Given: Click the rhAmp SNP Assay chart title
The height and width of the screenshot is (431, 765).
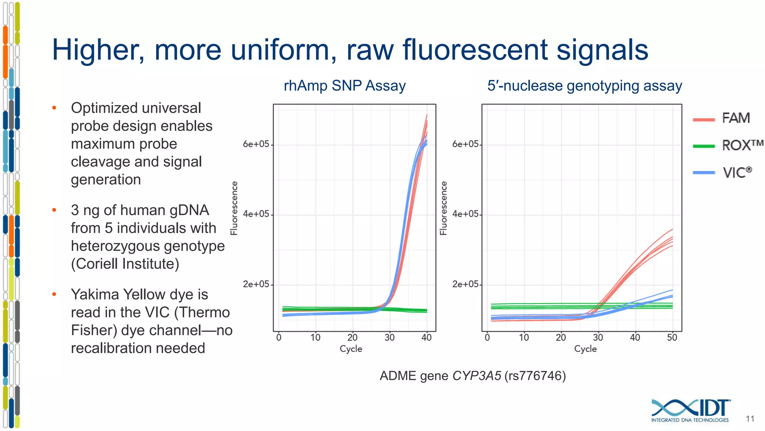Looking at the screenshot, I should pyautogui.click(x=344, y=86).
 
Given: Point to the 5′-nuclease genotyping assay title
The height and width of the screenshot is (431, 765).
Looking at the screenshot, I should pyautogui.click(x=584, y=86).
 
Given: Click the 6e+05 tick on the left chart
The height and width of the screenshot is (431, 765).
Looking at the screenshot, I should pyautogui.click(x=256, y=144).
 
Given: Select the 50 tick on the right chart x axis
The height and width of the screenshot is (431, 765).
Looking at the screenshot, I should pyautogui.click(x=672, y=338).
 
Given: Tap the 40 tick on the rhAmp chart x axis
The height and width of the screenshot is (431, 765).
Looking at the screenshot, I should pyautogui.click(x=426, y=338).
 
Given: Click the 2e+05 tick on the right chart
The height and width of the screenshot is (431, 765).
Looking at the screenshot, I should pyautogui.click(x=465, y=284).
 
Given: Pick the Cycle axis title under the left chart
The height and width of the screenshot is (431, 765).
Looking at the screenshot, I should pyautogui.click(x=351, y=349).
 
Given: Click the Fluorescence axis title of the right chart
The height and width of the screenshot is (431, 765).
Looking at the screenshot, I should pyautogui.click(x=443, y=208).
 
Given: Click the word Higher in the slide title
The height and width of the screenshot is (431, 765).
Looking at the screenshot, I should pyautogui.click(x=98, y=50).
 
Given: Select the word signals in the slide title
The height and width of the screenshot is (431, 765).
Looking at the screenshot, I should pyautogui.click(x=602, y=50).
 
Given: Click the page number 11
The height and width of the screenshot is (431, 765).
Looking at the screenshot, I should pyautogui.click(x=750, y=419).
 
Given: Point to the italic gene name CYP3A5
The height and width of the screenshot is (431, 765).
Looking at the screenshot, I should pyautogui.click(x=477, y=376).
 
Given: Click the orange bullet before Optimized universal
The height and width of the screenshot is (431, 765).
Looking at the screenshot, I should pyautogui.click(x=54, y=108).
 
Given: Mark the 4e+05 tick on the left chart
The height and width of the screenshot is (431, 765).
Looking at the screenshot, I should pyautogui.click(x=256, y=214).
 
